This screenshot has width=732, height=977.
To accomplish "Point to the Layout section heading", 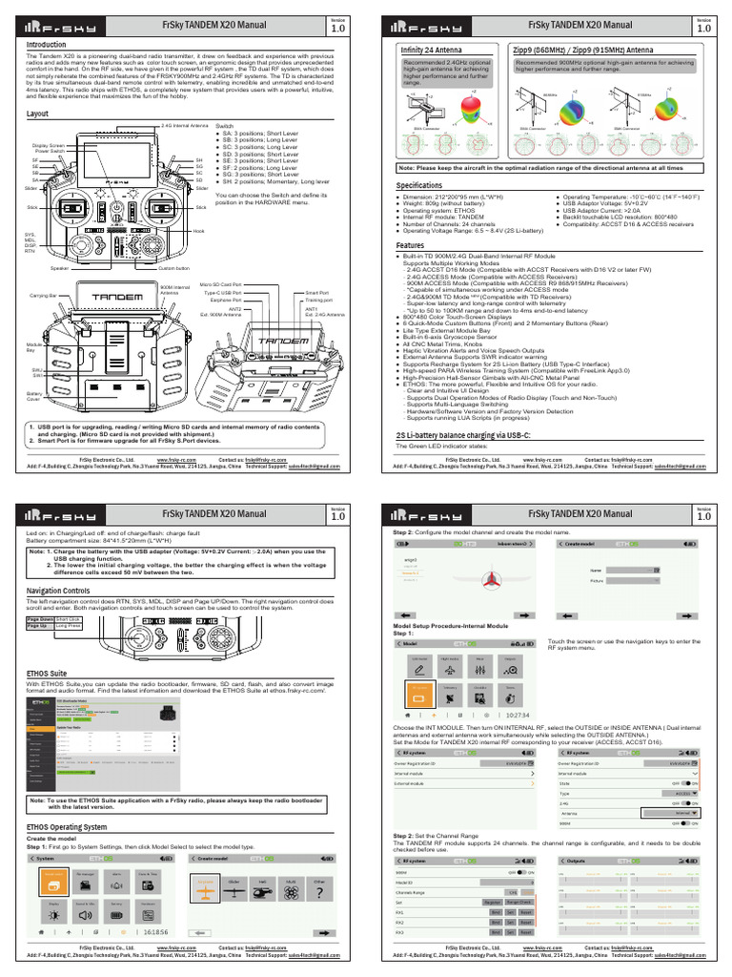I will tap(37, 114).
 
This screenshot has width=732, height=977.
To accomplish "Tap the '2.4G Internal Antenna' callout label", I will tap(184, 125).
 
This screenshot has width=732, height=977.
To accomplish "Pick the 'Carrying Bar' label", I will tap(43, 297).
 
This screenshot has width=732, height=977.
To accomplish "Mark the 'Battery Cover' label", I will tap(35, 395).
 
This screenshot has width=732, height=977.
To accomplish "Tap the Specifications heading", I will tap(419, 184).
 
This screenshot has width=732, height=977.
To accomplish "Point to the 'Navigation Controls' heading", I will tap(64, 591).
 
